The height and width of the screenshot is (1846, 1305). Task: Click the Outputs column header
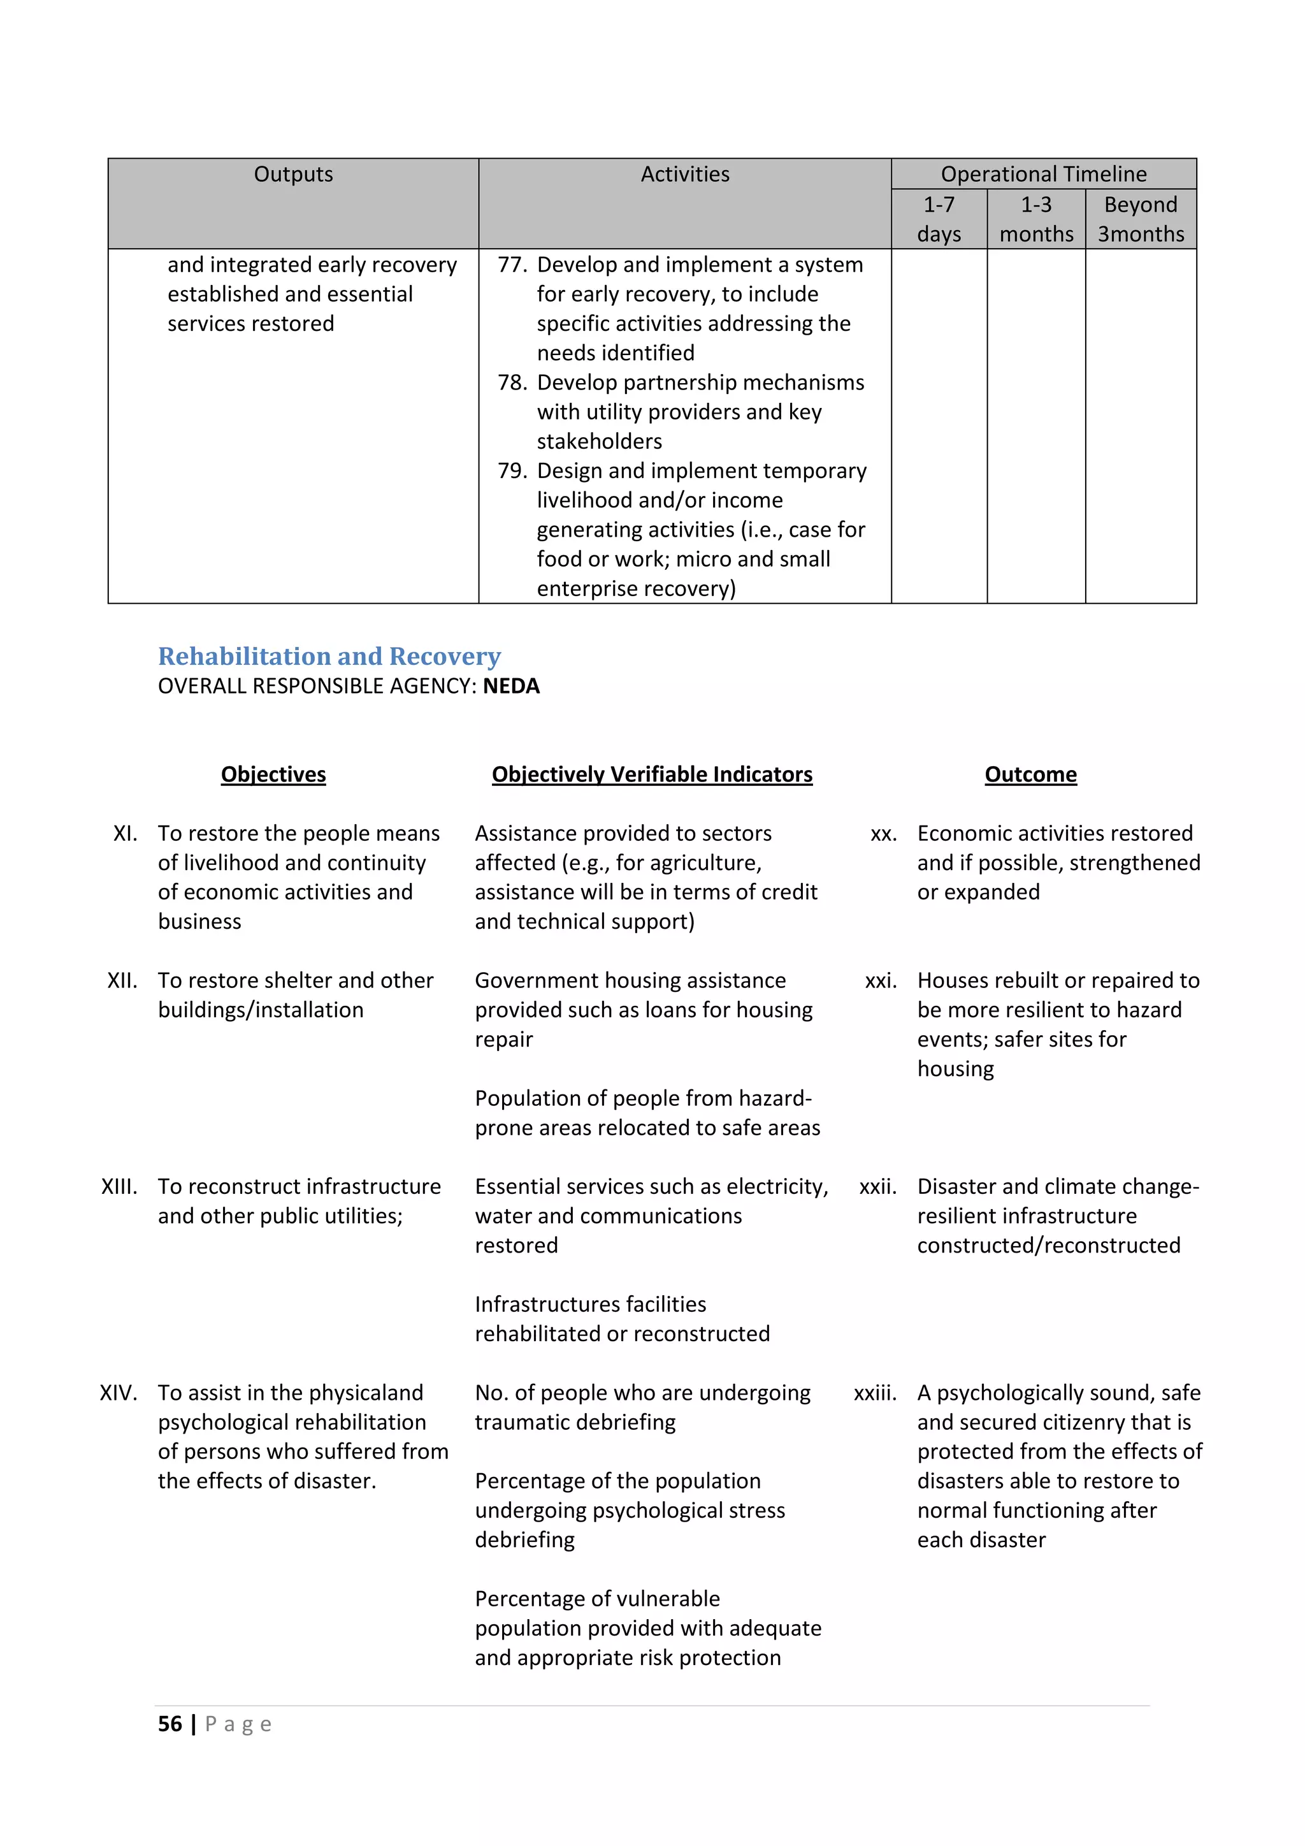tap(293, 175)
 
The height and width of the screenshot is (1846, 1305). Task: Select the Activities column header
tap(684, 175)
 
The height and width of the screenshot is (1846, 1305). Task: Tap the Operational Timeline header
tap(1043, 175)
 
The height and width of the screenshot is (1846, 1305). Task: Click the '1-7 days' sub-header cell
tap(939, 219)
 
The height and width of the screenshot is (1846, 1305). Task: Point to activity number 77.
tap(512, 265)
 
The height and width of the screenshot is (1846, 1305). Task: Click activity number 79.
tap(512, 470)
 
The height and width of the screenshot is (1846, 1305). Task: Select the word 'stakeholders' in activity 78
tap(600, 441)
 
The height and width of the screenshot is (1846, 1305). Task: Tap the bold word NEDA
tap(511, 686)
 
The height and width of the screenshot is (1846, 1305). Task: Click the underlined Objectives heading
tap(273, 774)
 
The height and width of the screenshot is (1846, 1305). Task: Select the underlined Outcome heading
tap(1030, 774)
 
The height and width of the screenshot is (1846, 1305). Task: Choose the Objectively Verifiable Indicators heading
tap(652, 774)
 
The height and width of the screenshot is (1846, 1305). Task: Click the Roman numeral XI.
tap(124, 834)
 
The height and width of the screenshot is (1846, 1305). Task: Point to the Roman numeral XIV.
tap(119, 1393)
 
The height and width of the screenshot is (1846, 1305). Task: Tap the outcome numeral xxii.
tap(877, 1187)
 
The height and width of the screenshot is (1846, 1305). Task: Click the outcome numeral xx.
tap(883, 834)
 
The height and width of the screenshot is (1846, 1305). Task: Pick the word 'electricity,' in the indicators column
tap(777, 1187)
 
